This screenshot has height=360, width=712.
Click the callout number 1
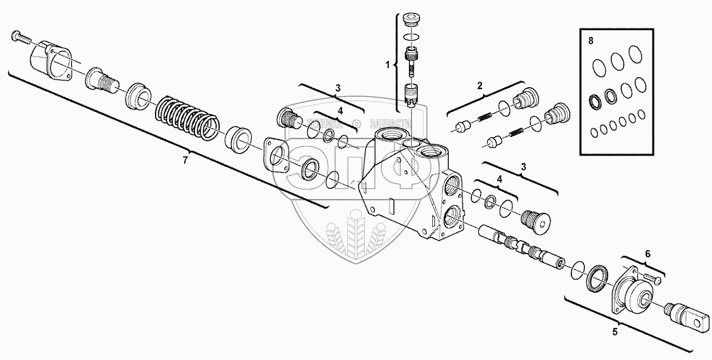pos(387,65)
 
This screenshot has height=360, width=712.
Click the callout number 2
pos(480,84)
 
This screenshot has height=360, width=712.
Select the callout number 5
pos(615,330)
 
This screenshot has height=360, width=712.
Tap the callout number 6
pos(647,253)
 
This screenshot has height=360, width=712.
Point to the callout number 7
pos(185,160)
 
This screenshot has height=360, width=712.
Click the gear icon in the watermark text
pos(356,123)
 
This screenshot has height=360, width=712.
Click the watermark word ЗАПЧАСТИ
pos(390,124)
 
